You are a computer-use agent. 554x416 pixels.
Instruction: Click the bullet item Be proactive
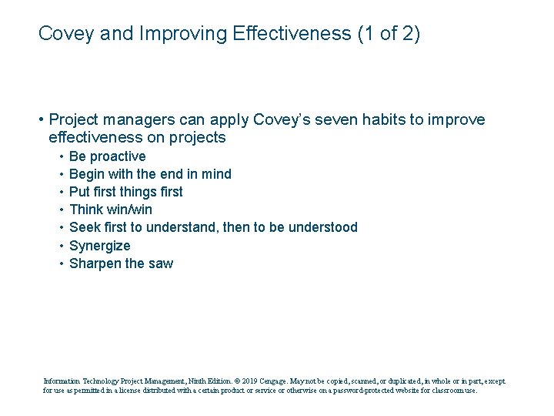[107, 156]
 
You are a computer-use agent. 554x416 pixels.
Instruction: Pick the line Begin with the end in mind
[150, 174]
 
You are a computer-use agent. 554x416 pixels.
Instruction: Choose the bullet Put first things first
[125, 192]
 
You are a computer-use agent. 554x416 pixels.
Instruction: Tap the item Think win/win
[111, 210]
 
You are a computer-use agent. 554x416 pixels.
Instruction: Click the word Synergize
[100, 246]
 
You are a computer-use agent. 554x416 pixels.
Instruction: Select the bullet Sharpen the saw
[121, 263]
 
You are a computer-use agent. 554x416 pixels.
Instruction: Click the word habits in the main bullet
[372, 120]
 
